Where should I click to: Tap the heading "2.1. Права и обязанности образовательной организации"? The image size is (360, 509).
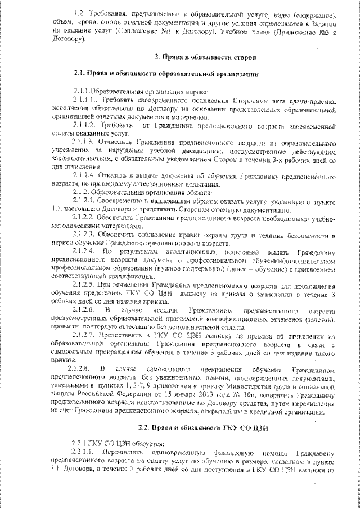pos(166,74)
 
